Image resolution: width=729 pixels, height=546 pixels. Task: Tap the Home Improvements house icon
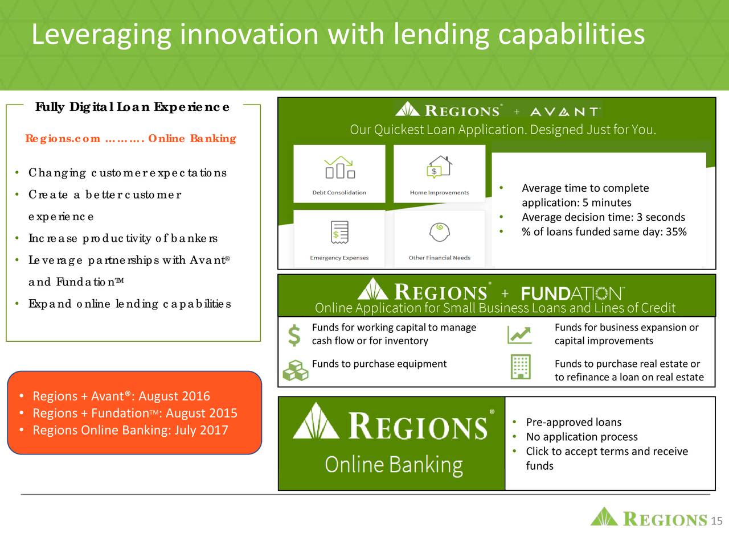(439, 167)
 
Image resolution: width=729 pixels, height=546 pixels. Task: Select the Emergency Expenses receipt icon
(339, 232)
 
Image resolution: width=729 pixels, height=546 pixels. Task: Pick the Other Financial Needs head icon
(439, 232)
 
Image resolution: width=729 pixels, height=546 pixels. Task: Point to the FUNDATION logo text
(572, 293)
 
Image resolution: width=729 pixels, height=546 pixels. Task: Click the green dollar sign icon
(294, 335)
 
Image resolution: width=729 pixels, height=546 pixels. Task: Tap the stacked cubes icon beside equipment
(295, 370)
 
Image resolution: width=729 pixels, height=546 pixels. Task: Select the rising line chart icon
(519, 335)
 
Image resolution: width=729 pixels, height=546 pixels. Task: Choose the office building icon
(521, 366)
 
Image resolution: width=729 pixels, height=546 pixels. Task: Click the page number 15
(716, 521)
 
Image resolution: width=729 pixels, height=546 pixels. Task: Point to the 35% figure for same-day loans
(676, 231)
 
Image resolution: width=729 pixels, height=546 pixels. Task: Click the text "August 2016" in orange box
(174, 396)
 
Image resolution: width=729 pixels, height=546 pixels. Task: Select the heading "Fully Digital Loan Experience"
(133, 107)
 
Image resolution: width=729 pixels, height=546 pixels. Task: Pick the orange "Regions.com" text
(63, 138)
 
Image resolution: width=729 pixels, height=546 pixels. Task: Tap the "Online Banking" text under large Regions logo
(394, 465)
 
